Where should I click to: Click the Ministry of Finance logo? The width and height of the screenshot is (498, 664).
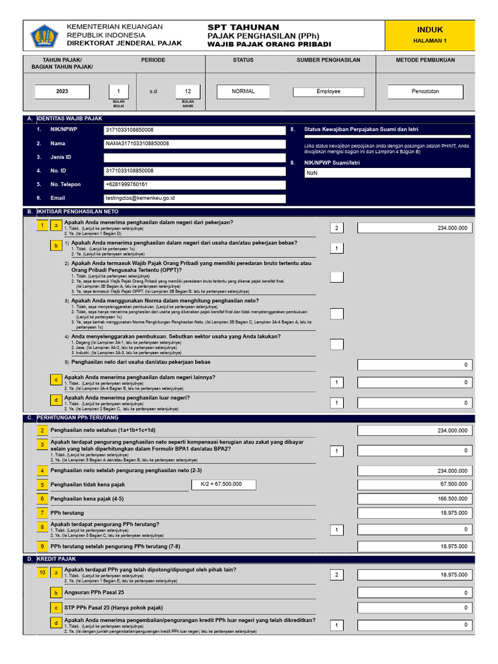(x=45, y=36)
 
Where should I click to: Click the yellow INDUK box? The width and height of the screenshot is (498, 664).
(x=430, y=35)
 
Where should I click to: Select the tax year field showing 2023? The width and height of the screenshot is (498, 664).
(x=62, y=91)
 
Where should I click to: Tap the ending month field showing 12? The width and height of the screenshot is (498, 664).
(x=188, y=91)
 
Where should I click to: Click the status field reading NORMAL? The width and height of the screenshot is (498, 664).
(x=243, y=91)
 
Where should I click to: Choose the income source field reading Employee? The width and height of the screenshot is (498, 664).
(x=328, y=91)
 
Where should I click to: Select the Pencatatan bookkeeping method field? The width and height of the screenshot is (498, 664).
(x=425, y=91)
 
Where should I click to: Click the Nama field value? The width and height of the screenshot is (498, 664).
(x=195, y=143)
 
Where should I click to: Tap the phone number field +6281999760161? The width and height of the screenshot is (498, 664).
(x=195, y=185)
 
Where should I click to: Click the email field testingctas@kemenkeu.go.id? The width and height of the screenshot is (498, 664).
(x=195, y=198)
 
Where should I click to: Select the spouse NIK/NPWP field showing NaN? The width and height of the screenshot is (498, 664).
(x=388, y=173)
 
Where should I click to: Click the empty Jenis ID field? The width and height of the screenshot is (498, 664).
(x=195, y=158)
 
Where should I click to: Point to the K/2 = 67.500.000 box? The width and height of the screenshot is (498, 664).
(x=224, y=485)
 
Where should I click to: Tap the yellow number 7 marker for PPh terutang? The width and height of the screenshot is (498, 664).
(x=42, y=512)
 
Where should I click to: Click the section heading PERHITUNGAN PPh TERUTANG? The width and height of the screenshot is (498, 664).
(x=77, y=418)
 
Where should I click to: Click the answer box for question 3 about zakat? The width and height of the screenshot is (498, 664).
(x=337, y=451)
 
